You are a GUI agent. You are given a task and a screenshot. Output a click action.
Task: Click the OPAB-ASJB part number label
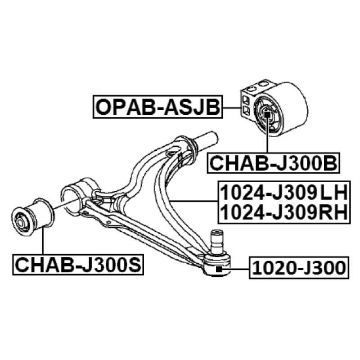pos(158,107)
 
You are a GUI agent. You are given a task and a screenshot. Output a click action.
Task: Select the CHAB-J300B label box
pos(273,163)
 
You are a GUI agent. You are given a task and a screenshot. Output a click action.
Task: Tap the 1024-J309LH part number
pos(284,193)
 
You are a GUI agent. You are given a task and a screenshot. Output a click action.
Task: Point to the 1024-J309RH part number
pos(284,212)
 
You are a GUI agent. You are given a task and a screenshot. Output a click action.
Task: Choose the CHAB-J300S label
pos(78,265)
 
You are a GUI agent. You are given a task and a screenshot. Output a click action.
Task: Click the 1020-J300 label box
pos(299,268)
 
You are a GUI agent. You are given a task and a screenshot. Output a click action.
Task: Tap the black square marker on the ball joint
pos(219,269)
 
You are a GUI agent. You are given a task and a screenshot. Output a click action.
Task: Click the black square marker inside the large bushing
pos(267,114)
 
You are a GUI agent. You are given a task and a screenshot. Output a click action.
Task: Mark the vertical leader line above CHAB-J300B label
pos(267,135)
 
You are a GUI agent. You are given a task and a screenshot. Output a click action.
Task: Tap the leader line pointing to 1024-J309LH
pos(194,201)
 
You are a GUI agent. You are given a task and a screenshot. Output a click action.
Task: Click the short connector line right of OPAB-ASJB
pos(232,108)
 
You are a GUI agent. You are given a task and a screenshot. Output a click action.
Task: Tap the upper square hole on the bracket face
pos(246,100)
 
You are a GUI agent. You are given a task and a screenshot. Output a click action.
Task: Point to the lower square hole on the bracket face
pos(246,110)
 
